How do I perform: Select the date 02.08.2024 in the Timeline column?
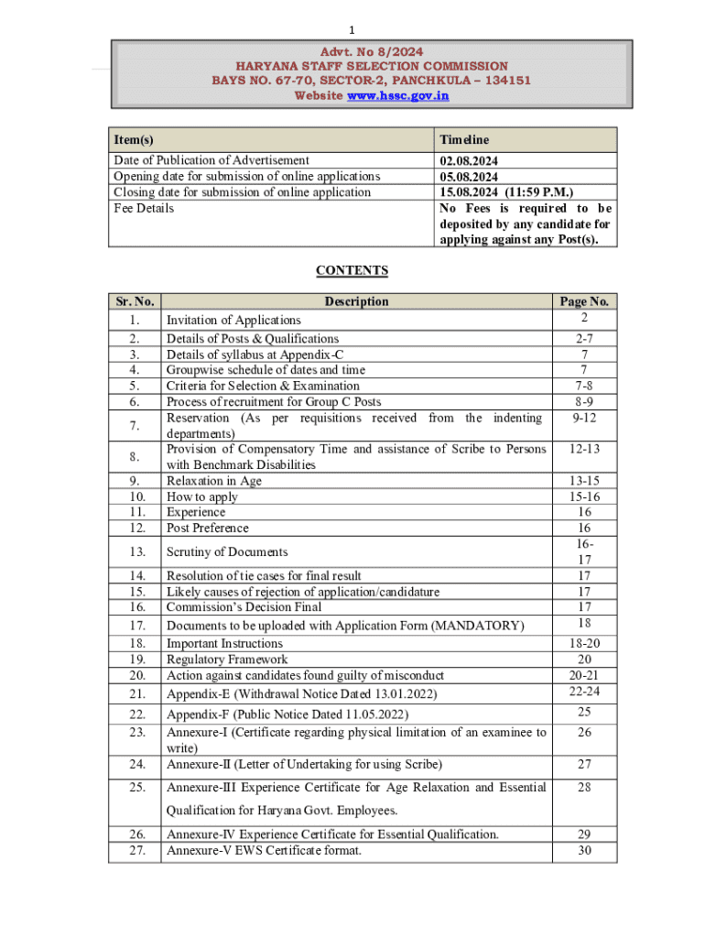[470, 160]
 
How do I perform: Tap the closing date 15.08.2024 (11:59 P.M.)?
[506, 192]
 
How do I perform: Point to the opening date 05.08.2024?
[470, 176]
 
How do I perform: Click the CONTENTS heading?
[352, 270]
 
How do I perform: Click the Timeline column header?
[464, 139]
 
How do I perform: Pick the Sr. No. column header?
[135, 301]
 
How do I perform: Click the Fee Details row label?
[144, 208]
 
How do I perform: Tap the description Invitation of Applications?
[233, 320]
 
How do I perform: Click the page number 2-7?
[584, 338]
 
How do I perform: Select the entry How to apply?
[201, 496]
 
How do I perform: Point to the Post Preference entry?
[207, 528]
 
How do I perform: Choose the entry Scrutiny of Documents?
[227, 551]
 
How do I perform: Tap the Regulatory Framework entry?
[227, 660]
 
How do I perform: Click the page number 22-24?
[584, 691]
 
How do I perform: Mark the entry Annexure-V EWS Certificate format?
[264, 850]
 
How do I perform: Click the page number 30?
[584, 850]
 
